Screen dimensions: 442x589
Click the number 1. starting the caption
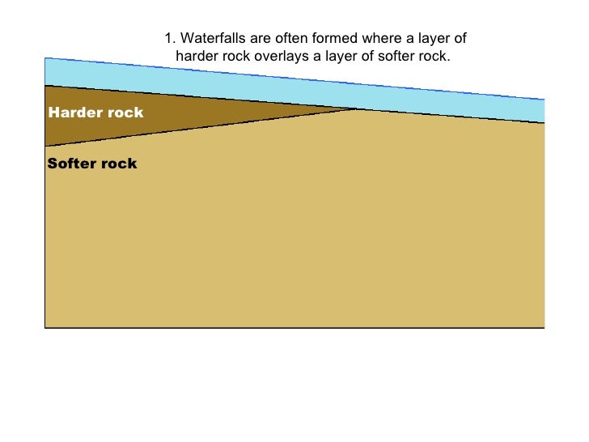[168, 39]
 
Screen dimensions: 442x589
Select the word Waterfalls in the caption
[209, 39]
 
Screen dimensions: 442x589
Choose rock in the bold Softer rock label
[120, 164]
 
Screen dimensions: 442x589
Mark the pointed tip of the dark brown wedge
[354, 108]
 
